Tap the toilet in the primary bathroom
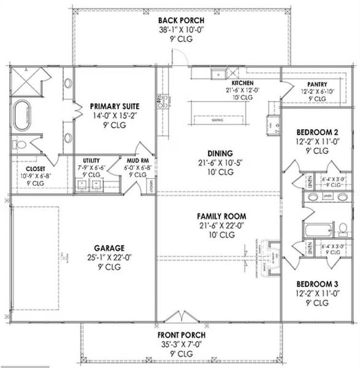20,145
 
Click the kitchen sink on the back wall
218,75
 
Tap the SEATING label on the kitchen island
216,120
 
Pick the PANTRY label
317,84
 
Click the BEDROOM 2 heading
317,132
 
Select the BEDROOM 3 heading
317,285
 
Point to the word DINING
219,153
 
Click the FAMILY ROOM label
221,216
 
